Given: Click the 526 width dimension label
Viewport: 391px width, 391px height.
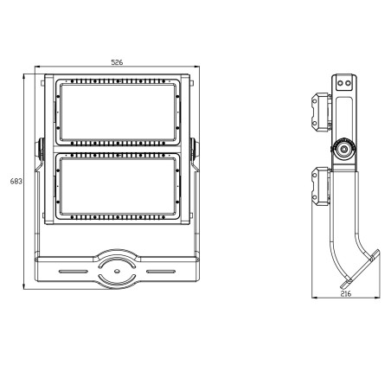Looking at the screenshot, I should [116, 62].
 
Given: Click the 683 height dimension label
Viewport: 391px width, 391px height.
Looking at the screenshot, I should [15, 182].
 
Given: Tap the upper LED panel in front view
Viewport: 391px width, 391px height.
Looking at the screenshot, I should [120, 112].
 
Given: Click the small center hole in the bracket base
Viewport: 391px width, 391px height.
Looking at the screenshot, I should [117, 271].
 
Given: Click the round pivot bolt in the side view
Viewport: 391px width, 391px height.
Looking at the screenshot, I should [345, 150].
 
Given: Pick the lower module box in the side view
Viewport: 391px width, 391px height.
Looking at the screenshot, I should [320, 185].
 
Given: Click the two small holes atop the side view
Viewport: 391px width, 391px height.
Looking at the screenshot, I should [345, 83].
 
